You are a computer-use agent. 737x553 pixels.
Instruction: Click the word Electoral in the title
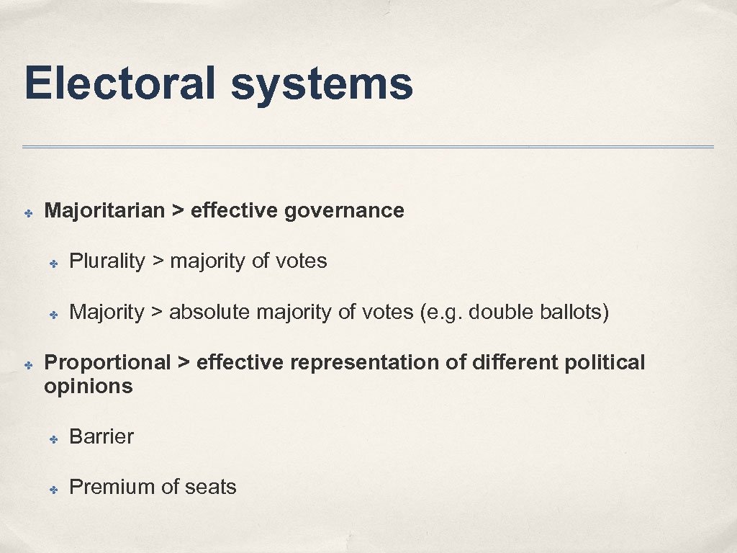click(x=119, y=84)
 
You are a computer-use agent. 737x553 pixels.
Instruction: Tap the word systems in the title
click(x=322, y=85)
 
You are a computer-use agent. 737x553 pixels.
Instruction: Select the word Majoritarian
click(x=104, y=210)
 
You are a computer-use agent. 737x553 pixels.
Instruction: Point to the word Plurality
click(x=107, y=261)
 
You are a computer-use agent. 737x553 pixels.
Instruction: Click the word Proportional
click(x=107, y=362)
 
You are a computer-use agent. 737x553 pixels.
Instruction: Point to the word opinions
click(x=89, y=387)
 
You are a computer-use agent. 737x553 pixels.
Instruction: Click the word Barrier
click(x=101, y=436)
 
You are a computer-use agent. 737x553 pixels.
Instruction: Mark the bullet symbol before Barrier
click(x=53, y=439)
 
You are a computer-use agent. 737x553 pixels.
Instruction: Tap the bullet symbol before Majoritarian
click(x=27, y=213)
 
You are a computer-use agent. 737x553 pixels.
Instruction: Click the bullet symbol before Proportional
click(x=27, y=365)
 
